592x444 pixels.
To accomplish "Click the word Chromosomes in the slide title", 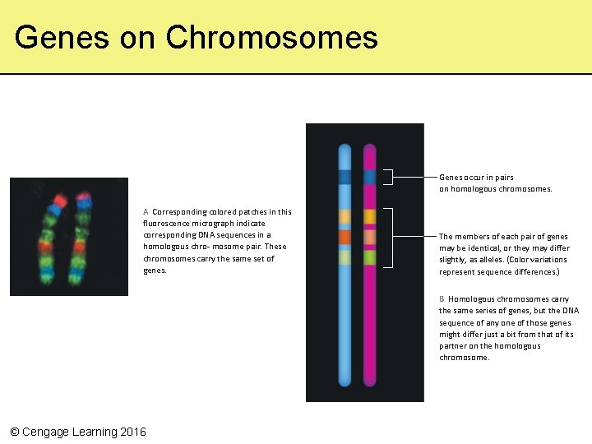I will (x=271, y=37).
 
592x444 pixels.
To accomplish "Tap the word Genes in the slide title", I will (x=62, y=37).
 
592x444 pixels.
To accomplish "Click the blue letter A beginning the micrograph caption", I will (x=146, y=211).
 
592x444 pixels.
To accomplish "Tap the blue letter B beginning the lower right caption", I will (x=442, y=299).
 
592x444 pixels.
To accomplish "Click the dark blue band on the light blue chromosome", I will (x=345, y=176).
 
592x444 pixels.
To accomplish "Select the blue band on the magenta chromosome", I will (x=370, y=176).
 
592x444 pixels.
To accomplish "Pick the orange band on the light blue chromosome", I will (x=345, y=237).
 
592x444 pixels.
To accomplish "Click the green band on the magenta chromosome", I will (x=370, y=257).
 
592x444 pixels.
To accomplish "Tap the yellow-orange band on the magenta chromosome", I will (x=370, y=215).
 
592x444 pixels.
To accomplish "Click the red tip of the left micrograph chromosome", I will (x=60, y=200).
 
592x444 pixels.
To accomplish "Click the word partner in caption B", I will (x=453, y=346).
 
